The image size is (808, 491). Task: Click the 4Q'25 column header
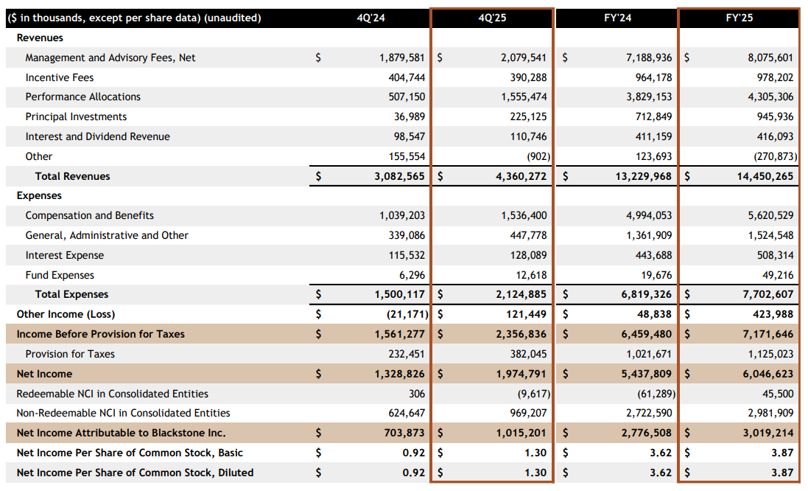pyautogui.click(x=491, y=18)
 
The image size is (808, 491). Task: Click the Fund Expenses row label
pyautogui.click(x=60, y=275)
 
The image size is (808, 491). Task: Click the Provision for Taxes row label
pyautogui.click(x=70, y=354)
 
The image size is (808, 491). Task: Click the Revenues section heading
pyautogui.click(x=40, y=38)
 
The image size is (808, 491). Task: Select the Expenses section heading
pyautogui.click(x=39, y=196)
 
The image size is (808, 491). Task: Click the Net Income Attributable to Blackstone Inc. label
pyautogui.click(x=121, y=433)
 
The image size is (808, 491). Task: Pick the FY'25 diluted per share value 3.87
pyautogui.click(x=782, y=473)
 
